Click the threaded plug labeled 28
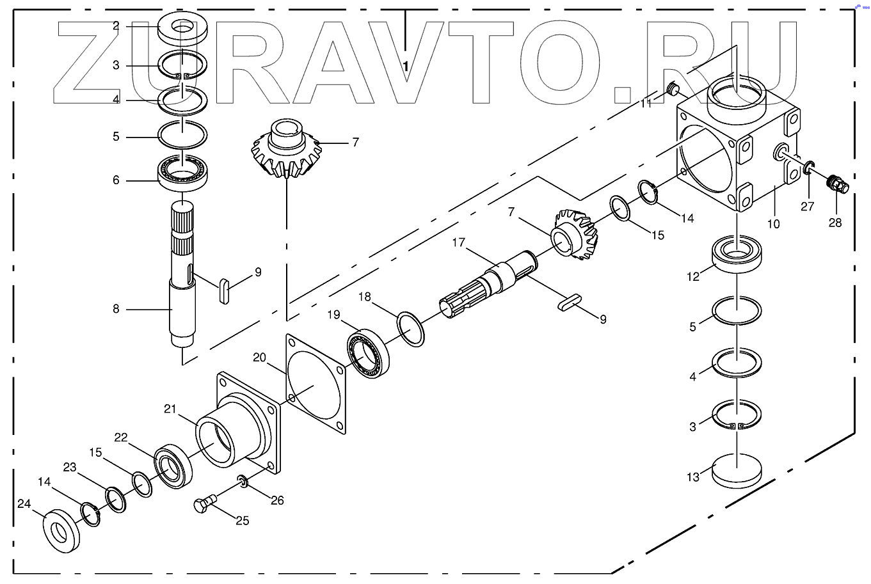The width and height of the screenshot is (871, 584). point(837,184)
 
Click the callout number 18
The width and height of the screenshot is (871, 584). point(365,297)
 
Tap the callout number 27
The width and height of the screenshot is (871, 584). point(808,207)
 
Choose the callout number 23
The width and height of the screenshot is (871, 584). point(70,468)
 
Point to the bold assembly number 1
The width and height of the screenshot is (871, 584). point(406,66)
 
